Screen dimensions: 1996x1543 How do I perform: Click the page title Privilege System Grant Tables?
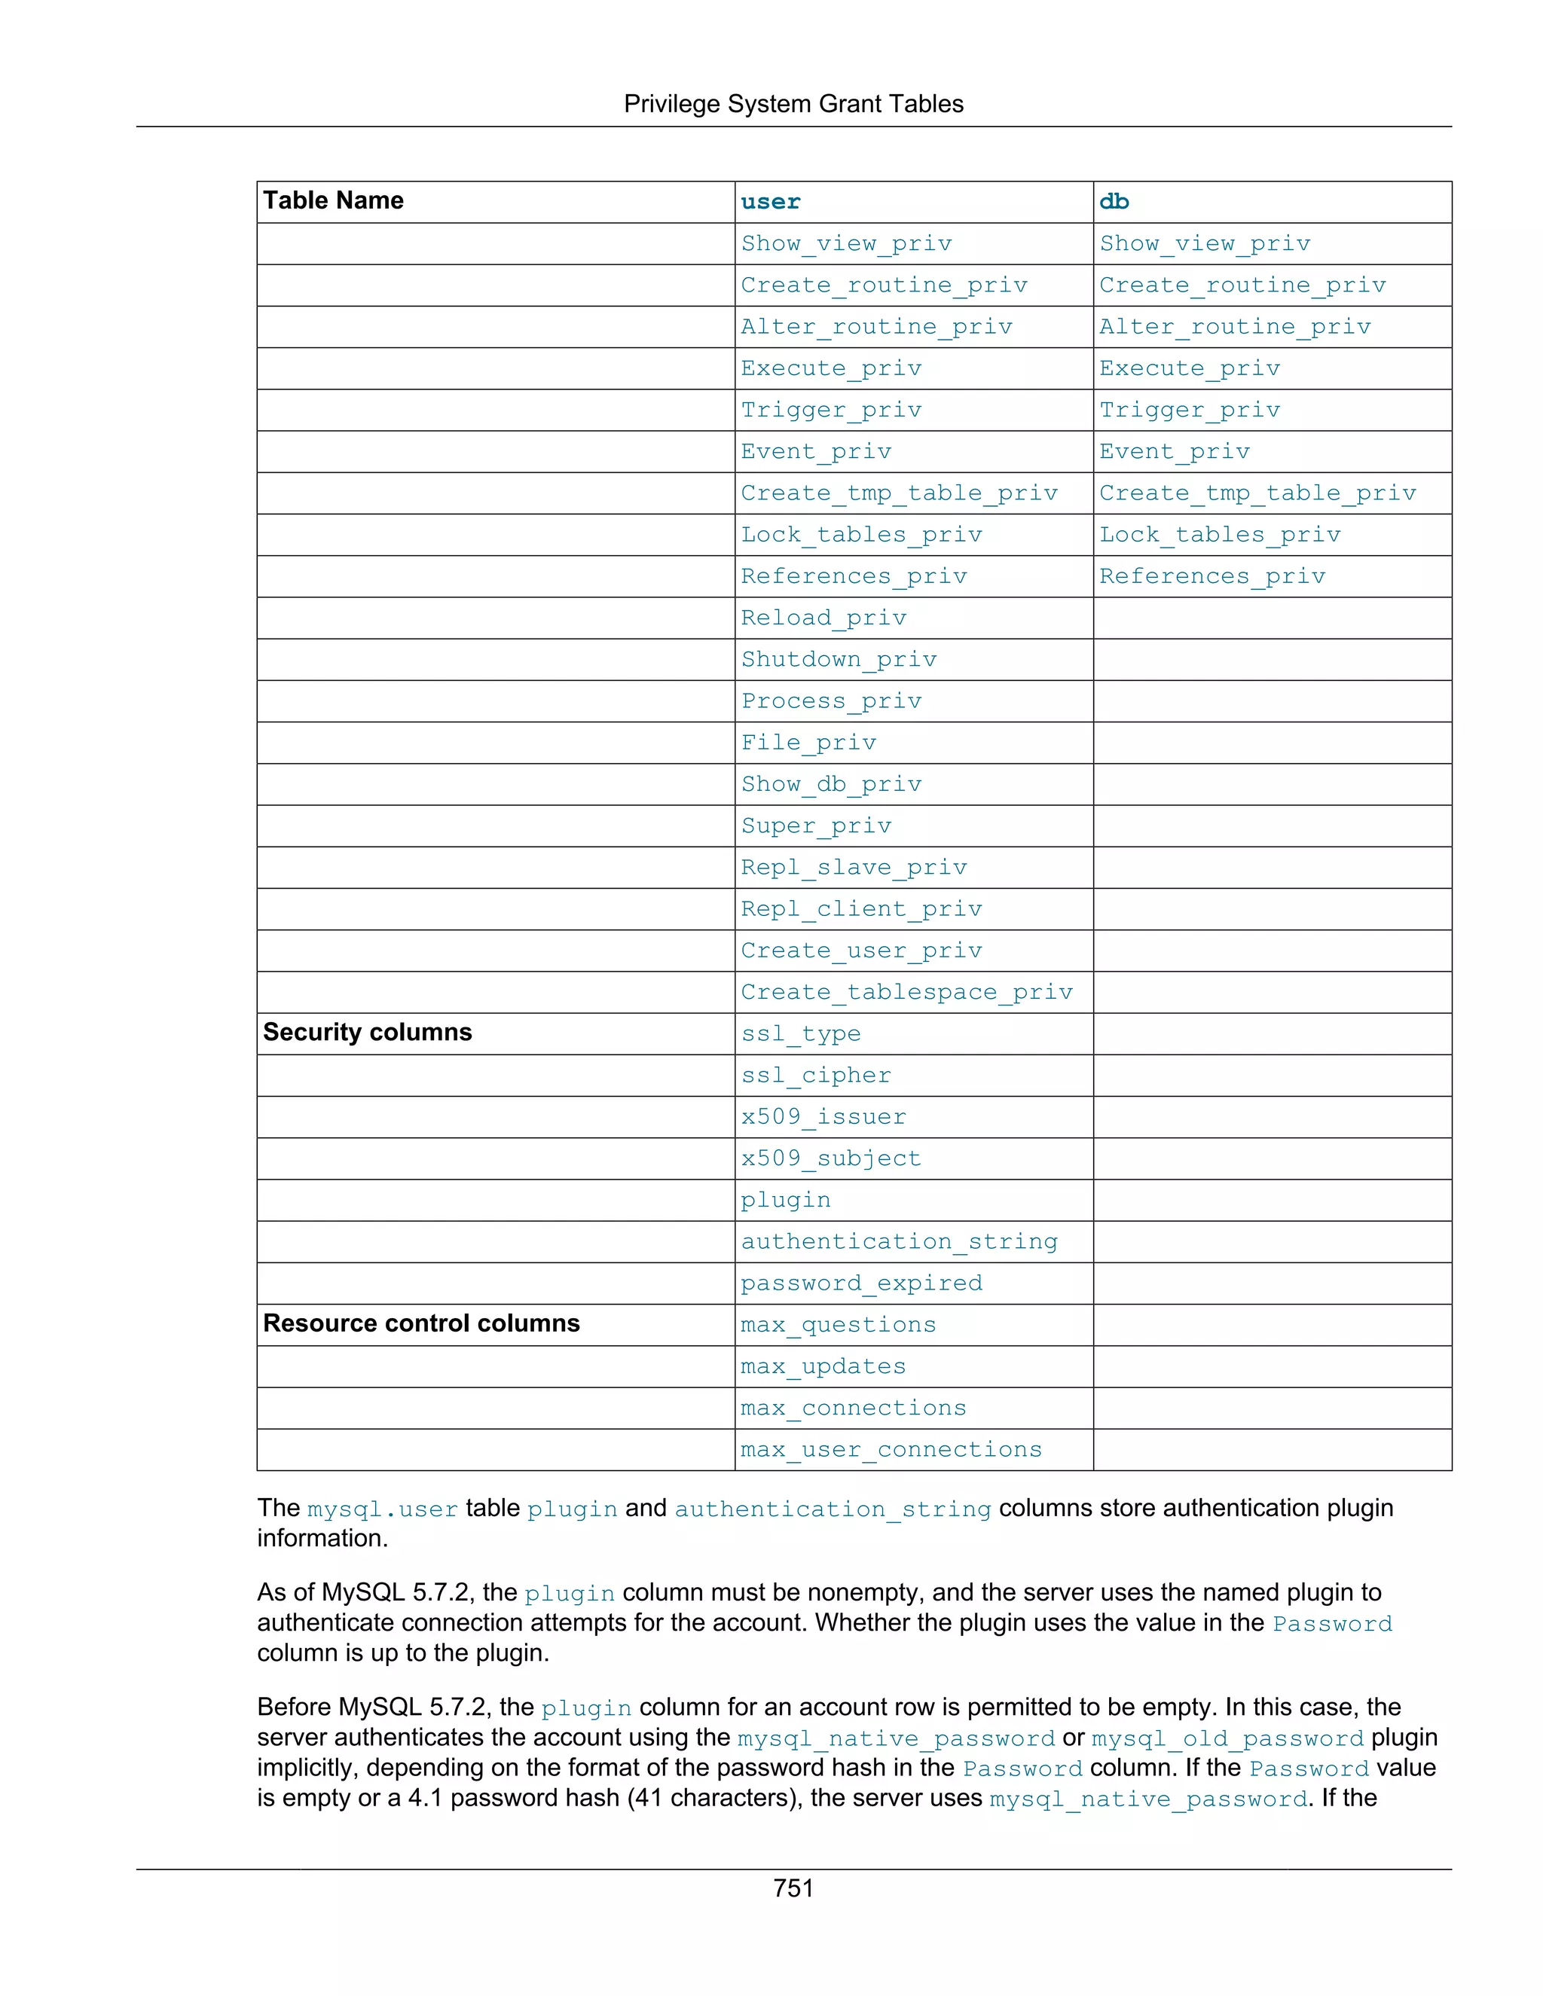pyautogui.click(x=793, y=104)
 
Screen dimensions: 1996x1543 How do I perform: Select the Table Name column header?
pyautogui.click(x=334, y=200)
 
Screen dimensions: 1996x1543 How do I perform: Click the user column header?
pyautogui.click(x=771, y=202)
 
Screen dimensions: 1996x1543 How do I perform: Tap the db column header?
pyautogui.click(x=1114, y=202)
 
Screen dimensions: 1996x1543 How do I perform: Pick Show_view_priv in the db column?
pyautogui.click(x=1204, y=244)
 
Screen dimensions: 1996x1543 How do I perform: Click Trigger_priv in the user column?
pyautogui.click(x=831, y=410)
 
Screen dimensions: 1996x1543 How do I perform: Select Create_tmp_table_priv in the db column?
pyautogui.click(x=1257, y=493)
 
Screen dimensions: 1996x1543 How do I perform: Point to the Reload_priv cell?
pyautogui.click(x=823, y=618)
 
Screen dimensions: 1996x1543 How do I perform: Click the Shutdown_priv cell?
pyautogui.click(x=839, y=660)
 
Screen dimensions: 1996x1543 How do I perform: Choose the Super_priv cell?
pyautogui.click(x=815, y=826)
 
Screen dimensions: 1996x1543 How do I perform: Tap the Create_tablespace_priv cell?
pyautogui.click(x=906, y=993)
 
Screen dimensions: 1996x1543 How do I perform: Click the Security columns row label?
pyautogui.click(x=368, y=1032)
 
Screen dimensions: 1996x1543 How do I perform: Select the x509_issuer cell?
pyautogui.click(x=823, y=1117)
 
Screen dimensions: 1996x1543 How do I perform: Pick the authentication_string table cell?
pyautogui.click(x=899, y=1242)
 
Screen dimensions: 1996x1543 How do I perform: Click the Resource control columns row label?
pyautogui.click(x=421, y=1323)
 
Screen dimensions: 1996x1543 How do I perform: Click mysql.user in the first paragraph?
pyautogui.click(x=382, y=1509)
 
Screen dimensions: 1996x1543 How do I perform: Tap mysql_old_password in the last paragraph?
pyautogui.click(x=1227, y=1738)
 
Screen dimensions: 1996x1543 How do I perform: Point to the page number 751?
pyautogui.click(x=793, y=1888)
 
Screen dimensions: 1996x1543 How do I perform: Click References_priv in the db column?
pyautogui.click(x=1211, y=577)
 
